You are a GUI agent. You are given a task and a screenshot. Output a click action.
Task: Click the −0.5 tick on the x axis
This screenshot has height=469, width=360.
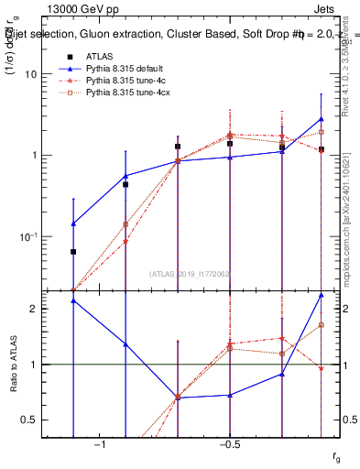click(229, 444)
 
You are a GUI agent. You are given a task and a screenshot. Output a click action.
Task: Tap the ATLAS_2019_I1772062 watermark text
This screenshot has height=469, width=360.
click(191, 273)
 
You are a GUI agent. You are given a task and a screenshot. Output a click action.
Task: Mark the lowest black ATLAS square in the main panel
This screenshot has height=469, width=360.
click(73, 251)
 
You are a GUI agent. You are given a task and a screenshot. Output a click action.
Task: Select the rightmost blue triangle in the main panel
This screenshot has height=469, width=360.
click(322, 119)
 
